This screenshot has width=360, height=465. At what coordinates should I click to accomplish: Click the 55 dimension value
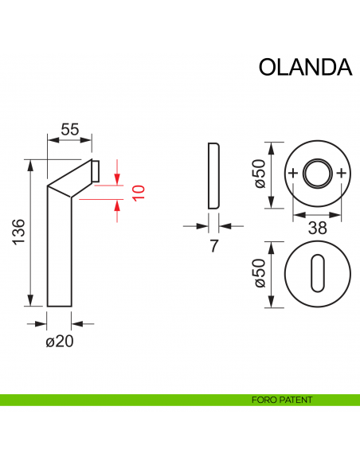point(70,128)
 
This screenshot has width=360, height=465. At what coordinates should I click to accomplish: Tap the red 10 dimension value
point(138,192)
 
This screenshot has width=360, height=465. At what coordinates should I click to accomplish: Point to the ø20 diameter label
point(61,342)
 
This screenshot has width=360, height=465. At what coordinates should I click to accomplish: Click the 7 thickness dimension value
point(213,246)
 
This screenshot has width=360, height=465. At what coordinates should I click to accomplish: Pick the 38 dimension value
point(317,228)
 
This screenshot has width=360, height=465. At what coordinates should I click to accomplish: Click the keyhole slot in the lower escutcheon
point(317,272)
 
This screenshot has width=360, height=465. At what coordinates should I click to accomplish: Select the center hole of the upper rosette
point(317,173)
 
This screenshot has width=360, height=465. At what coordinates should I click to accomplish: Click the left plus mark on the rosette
point(293,173)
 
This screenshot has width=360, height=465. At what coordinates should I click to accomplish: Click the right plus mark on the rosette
point(342,173)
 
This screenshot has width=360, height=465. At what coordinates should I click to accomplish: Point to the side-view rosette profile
point(213,177)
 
